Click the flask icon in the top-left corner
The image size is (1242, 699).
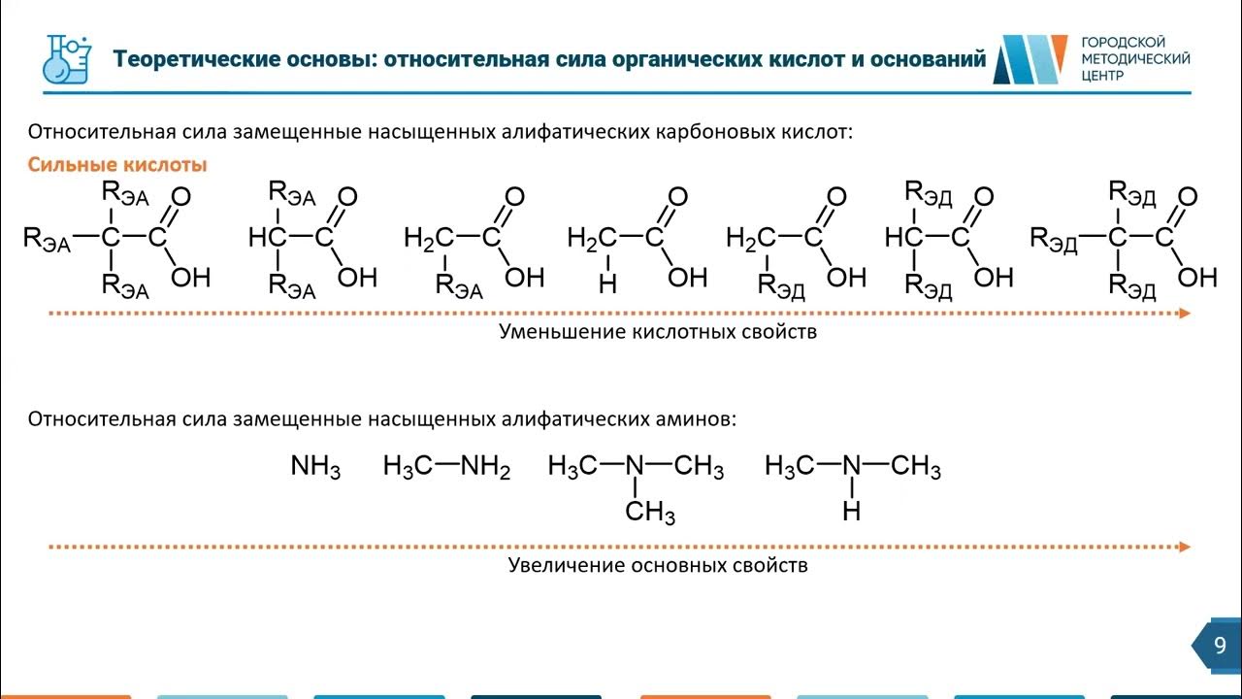pyautogui.click(x=69, y=59)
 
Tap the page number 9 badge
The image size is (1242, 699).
pyautogui.click(x=1220, y=646)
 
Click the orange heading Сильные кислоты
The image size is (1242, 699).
pyautogui.click(x=117, y=165)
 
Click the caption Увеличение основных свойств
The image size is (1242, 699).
pyautogui.click(x=658, y=565)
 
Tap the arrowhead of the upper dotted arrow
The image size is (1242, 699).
pyautogui.click(x=1184, y=314)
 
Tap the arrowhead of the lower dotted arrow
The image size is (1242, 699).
pyautogui.click(x=1184, y=547)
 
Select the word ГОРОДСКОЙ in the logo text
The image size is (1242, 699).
pyautogui.click(x=1123, y=42)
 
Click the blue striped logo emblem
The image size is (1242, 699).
pyautogui.click(x=1032, y=60)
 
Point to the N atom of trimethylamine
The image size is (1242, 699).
pyautogui.click(x=636, y=467)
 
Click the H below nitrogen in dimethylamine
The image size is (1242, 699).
pyautogui.click(x=852, y=511)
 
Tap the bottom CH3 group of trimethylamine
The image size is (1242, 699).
pyautogui.click(x=649, y=512)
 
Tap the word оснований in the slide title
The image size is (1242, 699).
pyautogui.click(x=930, y=60)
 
